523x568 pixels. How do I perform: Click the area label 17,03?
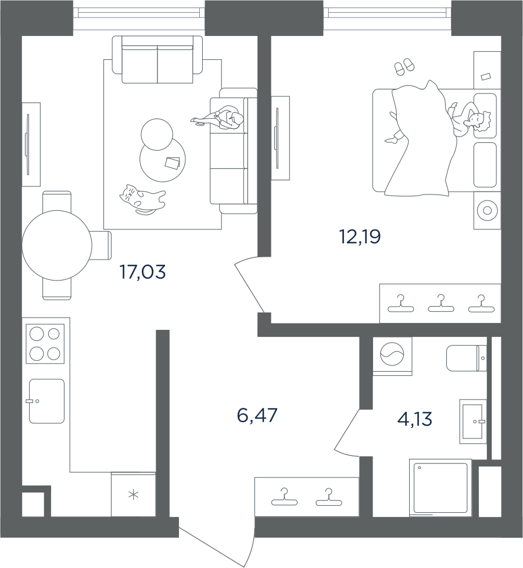point(142,271)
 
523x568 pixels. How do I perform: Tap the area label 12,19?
point(359,236)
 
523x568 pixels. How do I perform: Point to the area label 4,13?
point(415,418)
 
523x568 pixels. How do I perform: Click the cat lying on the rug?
point(141,199)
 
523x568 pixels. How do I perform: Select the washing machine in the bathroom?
point(392,353)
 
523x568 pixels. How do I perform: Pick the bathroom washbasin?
point(472,421)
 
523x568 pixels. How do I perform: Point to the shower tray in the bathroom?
point(439,487)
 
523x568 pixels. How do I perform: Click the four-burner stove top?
point(45,344)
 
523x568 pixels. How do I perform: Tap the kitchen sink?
point(46,401)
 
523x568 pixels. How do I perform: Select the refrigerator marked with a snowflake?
point(134,495)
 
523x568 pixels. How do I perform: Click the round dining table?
point(56,246)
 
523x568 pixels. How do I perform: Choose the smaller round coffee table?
point(157,134)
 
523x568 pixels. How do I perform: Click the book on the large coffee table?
point(173,163)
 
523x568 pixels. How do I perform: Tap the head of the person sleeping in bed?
point(477,120)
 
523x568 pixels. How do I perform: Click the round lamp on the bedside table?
point(487,211)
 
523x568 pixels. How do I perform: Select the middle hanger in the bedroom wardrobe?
point(440,303)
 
